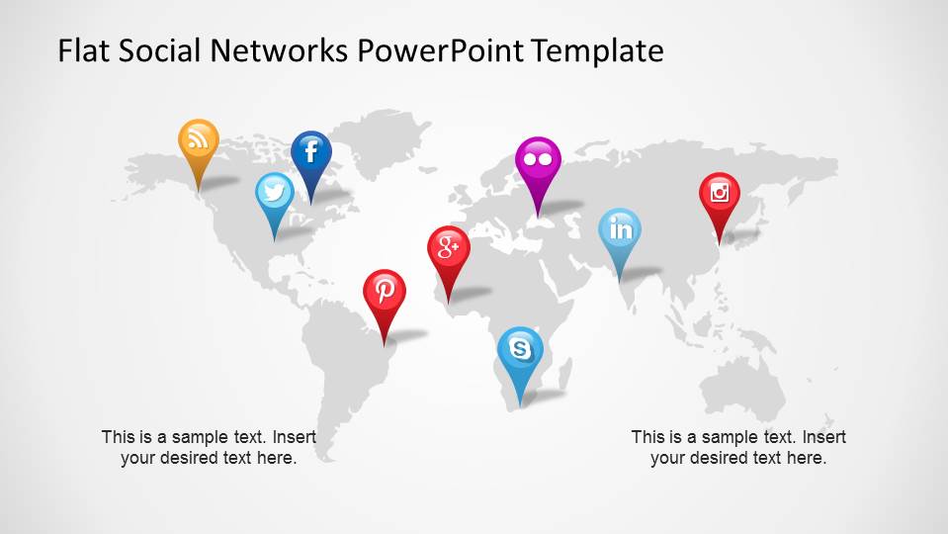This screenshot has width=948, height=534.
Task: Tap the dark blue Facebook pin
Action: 310,152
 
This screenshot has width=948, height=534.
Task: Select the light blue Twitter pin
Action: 275,193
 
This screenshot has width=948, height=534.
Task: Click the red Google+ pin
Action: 449,247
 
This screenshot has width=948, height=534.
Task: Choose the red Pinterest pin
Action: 385,291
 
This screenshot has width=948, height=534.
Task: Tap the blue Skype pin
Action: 520,348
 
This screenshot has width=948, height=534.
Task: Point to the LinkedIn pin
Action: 620,230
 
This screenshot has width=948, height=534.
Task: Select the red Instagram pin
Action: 720,193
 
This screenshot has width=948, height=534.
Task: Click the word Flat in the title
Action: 81,50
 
